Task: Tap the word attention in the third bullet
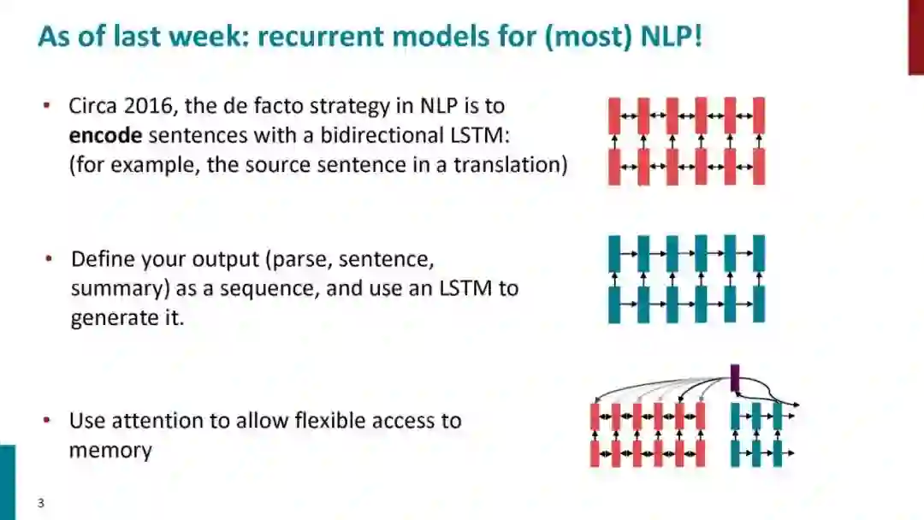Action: click(x=157, y=421)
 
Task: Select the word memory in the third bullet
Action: click(x=110, y=450)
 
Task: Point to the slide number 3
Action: click(x=40, y=503)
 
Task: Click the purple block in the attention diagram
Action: click(x=734, y=377)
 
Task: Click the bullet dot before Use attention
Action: click(x=48, y=421)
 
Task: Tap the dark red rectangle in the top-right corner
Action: click(x=915, y=37)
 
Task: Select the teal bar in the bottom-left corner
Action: click(x=7, y=482)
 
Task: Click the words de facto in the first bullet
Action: click(x=307, y=107)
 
